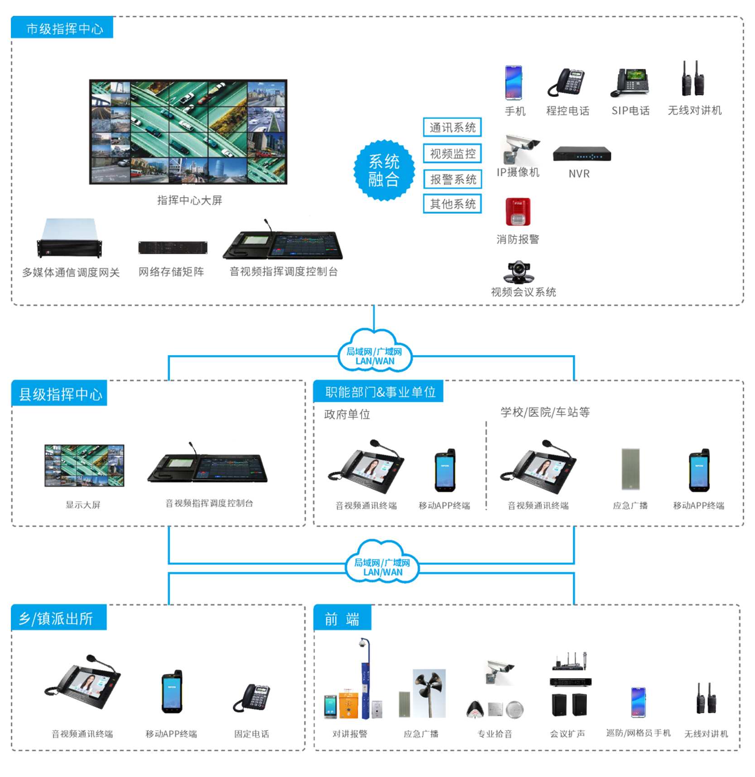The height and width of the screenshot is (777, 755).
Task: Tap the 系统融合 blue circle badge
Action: [384, 170]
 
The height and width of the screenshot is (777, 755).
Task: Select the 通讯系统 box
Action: [452, 127]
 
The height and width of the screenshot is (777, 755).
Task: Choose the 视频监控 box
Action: [452, 154]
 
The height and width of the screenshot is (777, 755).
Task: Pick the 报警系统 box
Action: [452, 179]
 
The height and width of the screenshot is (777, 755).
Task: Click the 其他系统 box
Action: [452, 204]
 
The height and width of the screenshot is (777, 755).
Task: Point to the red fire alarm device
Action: [518, 212]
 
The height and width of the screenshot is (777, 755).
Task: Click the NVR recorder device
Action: [582, 154]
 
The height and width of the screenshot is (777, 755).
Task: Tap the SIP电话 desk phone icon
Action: [630, 83]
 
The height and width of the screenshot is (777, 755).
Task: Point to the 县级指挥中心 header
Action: [59, 393]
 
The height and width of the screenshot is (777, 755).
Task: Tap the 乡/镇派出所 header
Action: [58, 618]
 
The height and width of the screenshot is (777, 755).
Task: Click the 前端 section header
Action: [342, 618]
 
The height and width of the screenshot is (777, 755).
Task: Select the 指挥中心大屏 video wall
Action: [188, 132]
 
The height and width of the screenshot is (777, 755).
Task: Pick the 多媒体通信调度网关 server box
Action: [69, 238]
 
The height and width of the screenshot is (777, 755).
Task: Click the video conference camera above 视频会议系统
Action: [519, 272]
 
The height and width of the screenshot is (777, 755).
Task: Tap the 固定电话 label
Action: [251, 734]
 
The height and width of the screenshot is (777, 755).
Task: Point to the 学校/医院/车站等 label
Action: [545, 412]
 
